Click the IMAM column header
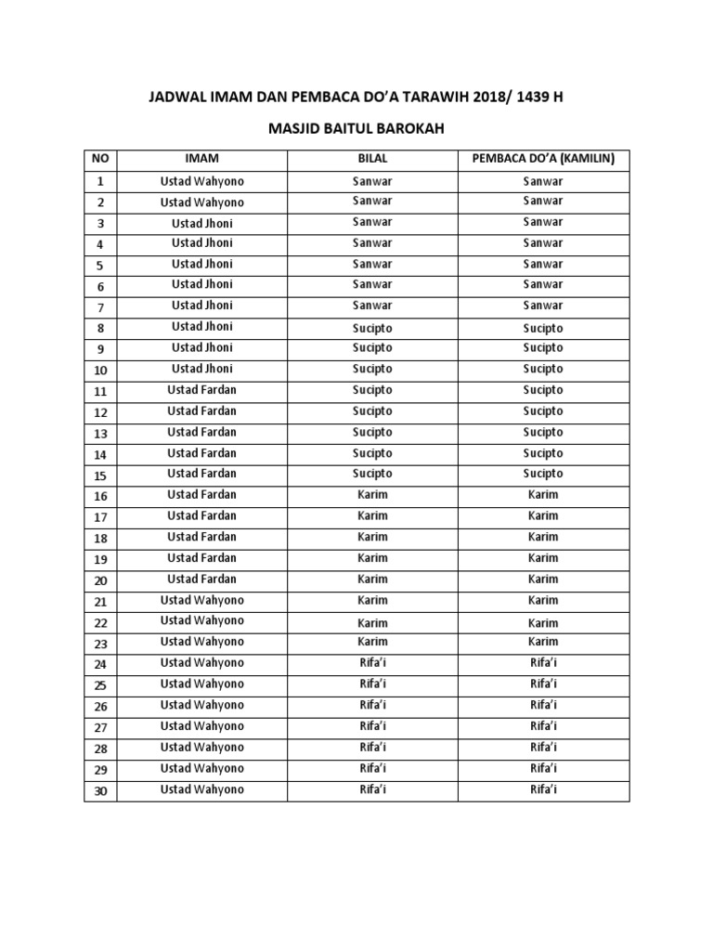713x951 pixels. (x=201, y=159)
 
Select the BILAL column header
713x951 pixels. (x=372, y=159)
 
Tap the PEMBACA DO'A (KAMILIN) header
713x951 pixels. (x=543, y=159)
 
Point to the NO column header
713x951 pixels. (x=100, y=159)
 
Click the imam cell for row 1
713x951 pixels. (x=201, y=180)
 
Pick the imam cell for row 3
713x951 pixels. (x=201, y=223)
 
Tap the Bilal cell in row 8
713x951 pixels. (x=372, y=328)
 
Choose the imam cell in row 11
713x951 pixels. (x=201, y=390)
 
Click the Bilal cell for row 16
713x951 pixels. (x=372, y=495)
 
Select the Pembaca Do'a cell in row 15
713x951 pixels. (x=543, y=474)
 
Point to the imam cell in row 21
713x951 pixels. (x=201, y=600)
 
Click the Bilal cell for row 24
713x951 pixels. (x=372, y=663)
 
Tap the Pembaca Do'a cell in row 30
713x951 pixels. (x=543, y=789)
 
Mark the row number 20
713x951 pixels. (x=100, y=580)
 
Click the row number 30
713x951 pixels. (x=100, y=791)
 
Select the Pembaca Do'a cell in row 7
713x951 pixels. (x=543, y=306)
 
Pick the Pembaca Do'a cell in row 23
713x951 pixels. (x=543, y=642)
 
